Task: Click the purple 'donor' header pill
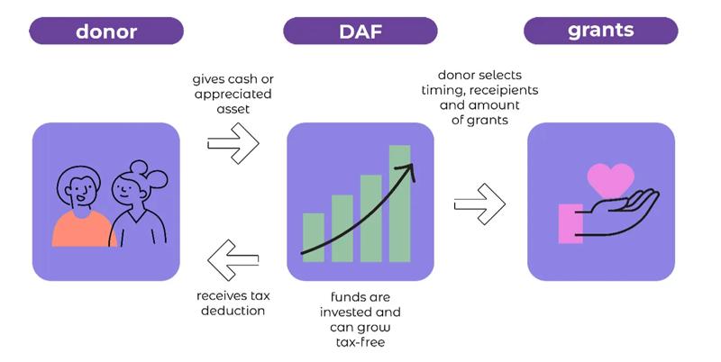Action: pyautogui.click(x=106, y=31)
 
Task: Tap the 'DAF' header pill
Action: pyautogui.click(x=360, y=31)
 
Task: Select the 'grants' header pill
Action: pyautogui.click(x=600, y=31)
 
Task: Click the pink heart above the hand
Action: pyautogui.click(x=611, y=179)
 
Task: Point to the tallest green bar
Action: pyautogui.click(x=399, y=204)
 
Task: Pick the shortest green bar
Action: pyautogui.click(x=314, y=238)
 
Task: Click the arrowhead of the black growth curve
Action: pyautogui.click(x=409, y=171)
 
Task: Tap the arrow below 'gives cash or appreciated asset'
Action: pyautogui.click(x=233, y=143)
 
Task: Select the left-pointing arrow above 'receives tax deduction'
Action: pyautogui.click(x=233, y=260)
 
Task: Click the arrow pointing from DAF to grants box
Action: pyautogui.click(x=479, y=204)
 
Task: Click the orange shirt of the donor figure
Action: pyautogui.click(x=83, y=229)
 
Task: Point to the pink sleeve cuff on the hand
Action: pyautogui.click(x=570, y=223)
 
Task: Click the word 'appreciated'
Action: pyautogui.click(x=233, y=95)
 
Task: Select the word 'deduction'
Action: pyautogui.click(x=233, y=311)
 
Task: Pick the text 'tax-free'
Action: pyautogui.click(x=360, y=342)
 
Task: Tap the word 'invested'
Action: pyautogui.click(x=347, y=312)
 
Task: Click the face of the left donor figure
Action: pyautogui.click(x=80, y=191)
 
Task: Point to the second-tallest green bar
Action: pyautogui.click(x=371, y=218)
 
